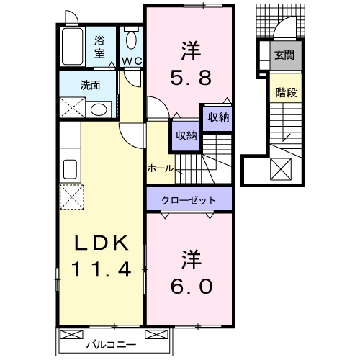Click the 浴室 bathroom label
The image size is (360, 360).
pyautogui.click(x=99, y=47)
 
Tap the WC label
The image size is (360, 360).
pyautogui.click(x=131, y=60)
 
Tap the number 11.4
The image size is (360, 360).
pyautogui.click(x=100, y=270)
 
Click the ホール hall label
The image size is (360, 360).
pyautogui.click(x=159, y=168)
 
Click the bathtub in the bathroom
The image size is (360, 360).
pyautogui.click(x=73, y=45)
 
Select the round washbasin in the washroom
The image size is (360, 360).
pyautogui.click(x=99, y=109)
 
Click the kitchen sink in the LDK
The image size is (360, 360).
pyautogui.click(x=70, y=169)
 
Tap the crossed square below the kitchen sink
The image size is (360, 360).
pyautogui.click(x=71, y=196)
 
